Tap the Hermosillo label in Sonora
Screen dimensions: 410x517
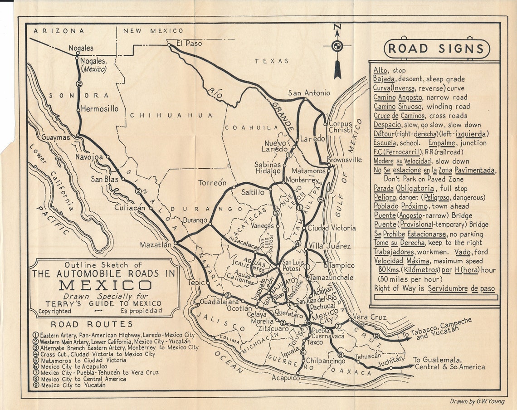coord(100,109)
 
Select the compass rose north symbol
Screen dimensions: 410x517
coord(337,46)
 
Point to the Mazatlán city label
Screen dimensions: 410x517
coord(156,244)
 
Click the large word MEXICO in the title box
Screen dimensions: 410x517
coord(105,285)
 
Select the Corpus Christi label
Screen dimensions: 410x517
coord(340,127)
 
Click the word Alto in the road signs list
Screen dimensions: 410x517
coord(382,70)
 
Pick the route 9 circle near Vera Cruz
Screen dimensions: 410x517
coord(376,336)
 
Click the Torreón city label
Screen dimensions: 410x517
coord(212,183)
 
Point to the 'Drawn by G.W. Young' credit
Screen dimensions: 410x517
coord(477,401)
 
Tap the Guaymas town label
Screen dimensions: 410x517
coord(56,137)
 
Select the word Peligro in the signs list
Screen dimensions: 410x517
coord(385,198)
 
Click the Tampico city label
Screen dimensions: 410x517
coord(341,265)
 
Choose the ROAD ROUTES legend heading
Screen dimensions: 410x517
coord(92,324)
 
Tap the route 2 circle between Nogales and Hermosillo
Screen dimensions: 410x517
coord(79,84)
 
